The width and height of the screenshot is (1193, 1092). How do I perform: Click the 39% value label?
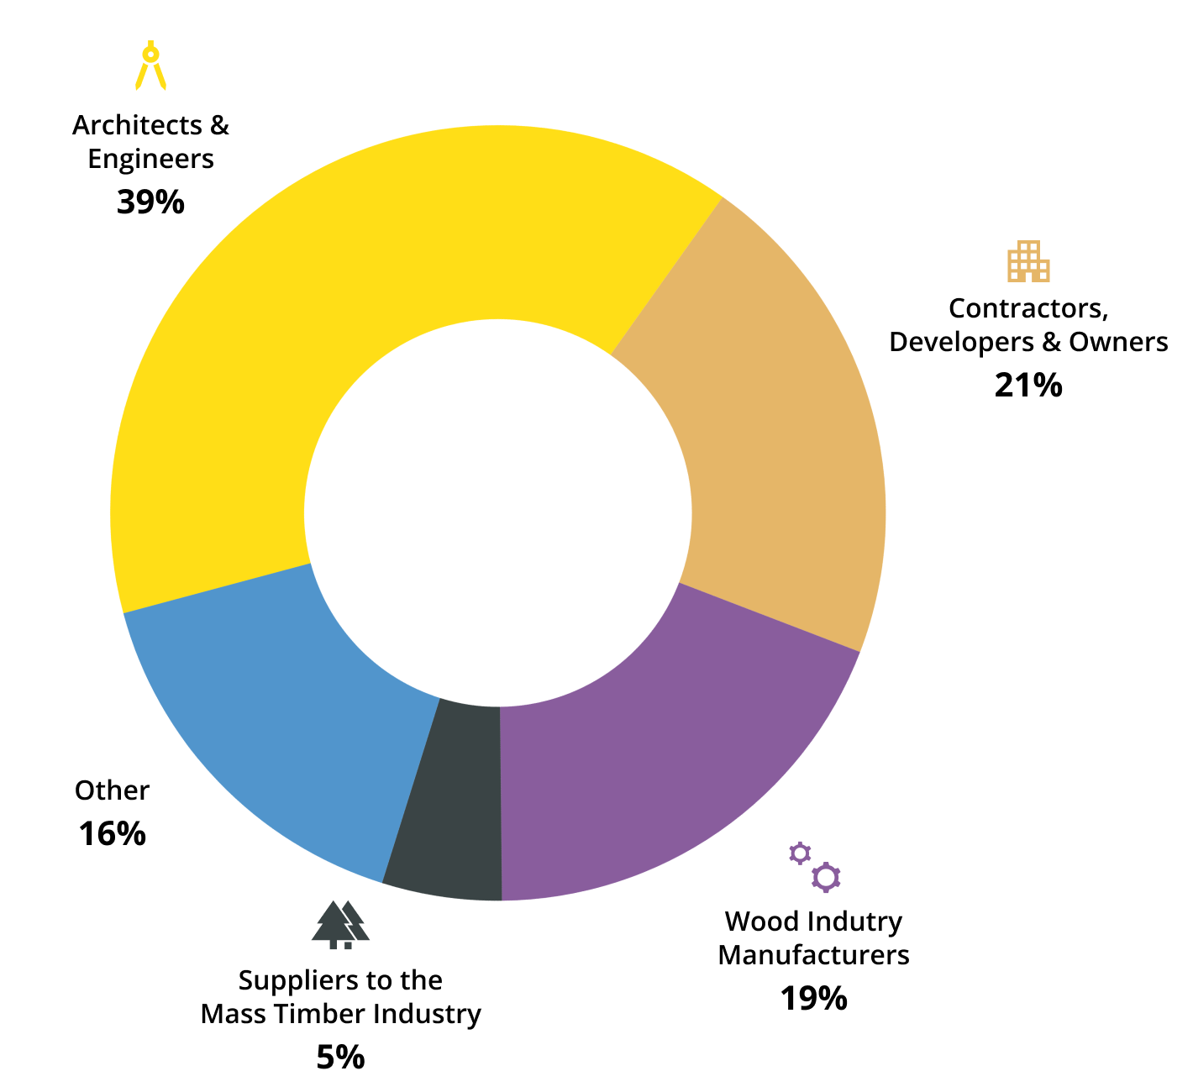pyautogui.click(x=150, y=202)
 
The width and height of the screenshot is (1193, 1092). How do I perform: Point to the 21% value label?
pyautogui.click(x=1028, y=386)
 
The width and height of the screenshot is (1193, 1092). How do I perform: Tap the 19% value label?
pyautogui.click(x=813, y=999)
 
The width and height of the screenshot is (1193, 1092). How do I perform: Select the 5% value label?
pyautogui.click(x=340, y=1058)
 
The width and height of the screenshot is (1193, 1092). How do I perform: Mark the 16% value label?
pyautogui.click(x=112, y=834)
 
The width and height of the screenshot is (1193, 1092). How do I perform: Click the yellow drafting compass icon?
pyautogui.click(x=150, y=65)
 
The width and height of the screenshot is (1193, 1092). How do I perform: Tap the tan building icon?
pyautogui.click(x=1028, y=261)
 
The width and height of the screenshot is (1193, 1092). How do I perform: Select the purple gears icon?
pyautogui.click(x=814, y=866)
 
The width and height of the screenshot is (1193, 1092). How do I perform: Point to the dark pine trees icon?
pyautogui.click(x=340, y=925)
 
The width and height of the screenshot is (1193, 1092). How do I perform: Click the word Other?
pyautogui.click(x=112, y=790)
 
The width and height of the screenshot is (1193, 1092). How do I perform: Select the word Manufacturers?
pyautogui.click(x=813, y=955)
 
